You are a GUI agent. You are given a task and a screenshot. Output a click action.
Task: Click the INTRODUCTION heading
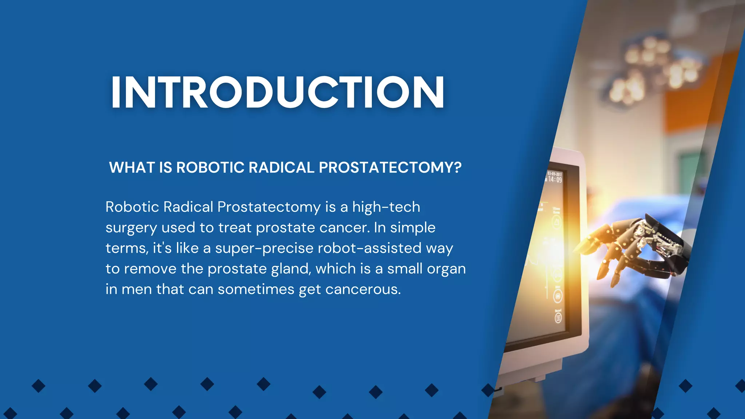(277, 93)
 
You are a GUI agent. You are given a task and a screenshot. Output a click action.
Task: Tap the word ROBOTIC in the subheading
(210, 168)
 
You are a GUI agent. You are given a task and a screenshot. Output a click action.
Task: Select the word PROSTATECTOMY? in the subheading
(390, 168)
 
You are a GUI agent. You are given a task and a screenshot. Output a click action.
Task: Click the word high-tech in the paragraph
(386, 207)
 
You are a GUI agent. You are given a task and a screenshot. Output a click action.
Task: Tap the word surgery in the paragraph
(131, 228)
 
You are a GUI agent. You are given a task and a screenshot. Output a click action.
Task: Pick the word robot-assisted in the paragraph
(370, 248)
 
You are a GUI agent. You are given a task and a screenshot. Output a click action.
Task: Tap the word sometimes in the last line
(256, 290)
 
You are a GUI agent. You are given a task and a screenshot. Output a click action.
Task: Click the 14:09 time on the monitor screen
(555, 179)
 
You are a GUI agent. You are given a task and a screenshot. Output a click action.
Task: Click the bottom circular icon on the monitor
(558, 318)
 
